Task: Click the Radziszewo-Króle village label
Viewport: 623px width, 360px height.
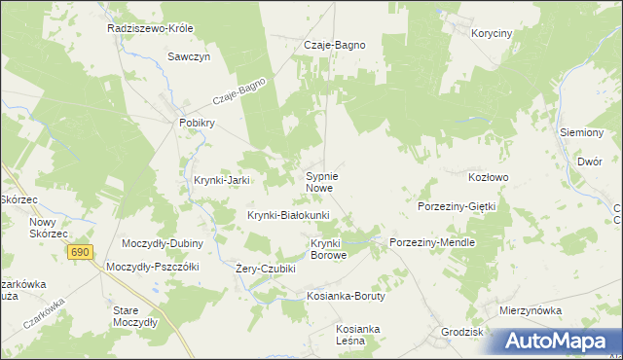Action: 152,28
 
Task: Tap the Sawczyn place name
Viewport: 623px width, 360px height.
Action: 189,56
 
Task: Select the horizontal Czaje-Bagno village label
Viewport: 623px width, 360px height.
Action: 335,45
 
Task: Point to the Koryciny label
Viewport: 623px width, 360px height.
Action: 491,33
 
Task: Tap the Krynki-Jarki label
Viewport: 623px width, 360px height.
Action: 223,180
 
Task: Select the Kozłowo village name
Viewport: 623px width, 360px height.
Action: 489,177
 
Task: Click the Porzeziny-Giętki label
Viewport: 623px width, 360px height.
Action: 457,207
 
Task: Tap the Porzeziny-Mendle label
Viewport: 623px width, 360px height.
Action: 431,242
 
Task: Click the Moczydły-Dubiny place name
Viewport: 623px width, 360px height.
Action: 161,243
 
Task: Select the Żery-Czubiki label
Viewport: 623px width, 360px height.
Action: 266,269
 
